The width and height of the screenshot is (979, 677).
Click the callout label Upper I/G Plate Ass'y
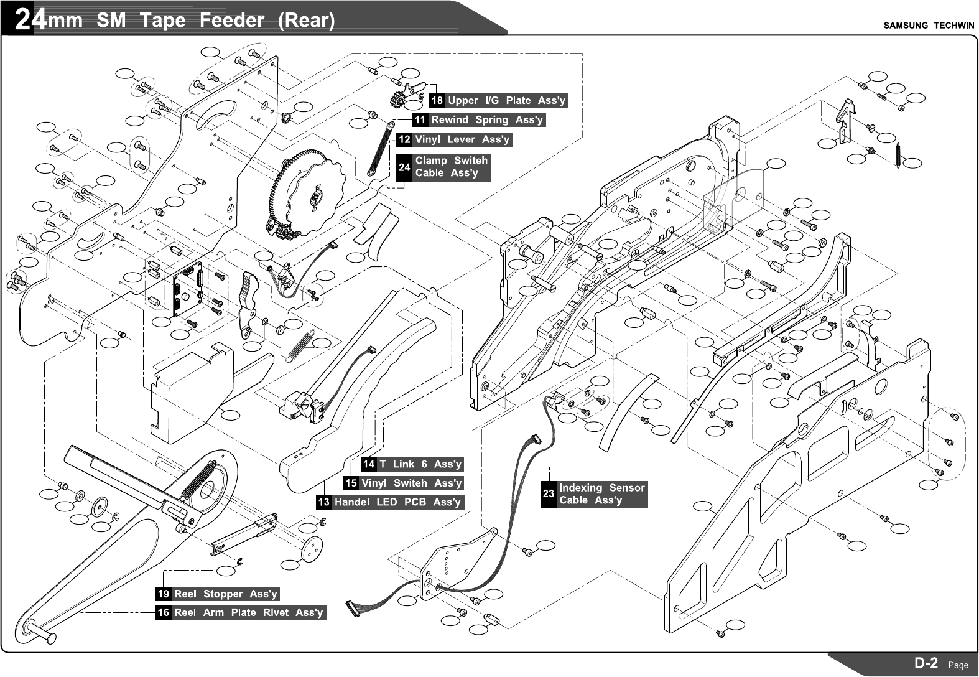point(498,100)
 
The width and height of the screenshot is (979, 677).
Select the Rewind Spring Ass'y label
point(479,120)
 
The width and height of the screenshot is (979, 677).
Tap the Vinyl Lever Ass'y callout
point(455,139)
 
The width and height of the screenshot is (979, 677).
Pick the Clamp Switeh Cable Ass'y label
point(443,167)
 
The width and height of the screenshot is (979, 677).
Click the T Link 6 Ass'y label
point(412,464)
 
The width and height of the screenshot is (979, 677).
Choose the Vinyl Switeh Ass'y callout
point(404,483)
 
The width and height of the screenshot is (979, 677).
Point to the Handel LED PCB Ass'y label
point(390,502)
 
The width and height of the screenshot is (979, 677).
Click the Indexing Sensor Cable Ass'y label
point(594,494)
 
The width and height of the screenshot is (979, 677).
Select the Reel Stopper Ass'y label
point(218,594)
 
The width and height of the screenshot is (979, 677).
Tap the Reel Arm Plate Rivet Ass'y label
point(241,613)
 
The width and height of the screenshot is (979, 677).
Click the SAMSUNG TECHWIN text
point(929,26)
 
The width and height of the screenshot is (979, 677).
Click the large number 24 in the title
point(30,20)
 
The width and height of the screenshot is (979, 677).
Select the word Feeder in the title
point(231,21)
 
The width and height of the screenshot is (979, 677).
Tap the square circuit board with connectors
point(188,289)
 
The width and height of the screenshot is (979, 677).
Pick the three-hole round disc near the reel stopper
point(312,548)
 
